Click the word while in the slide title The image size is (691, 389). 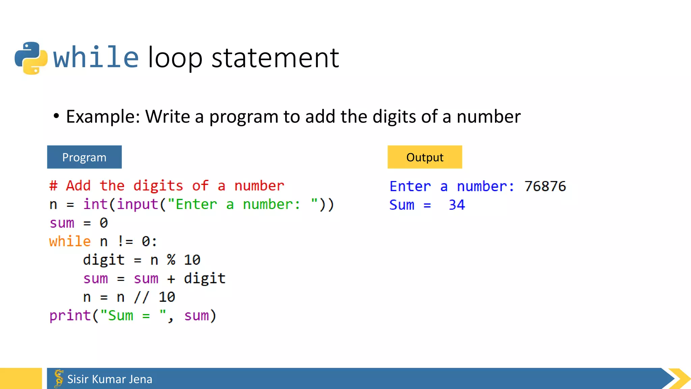pyautogui.click(x=96, y=57)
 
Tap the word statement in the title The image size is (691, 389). pyautogui.click(x=275, y=58)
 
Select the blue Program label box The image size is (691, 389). pyautogui.click(x=84, y=157)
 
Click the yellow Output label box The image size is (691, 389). pyautogui.click(x=424, y=157)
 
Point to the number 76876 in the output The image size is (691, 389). pyautogui.click(x=545, y=186)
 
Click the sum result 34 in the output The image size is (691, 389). pyautogui.click(x=457, y=205)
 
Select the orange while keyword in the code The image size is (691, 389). pyautogui.click(x=70, y=241)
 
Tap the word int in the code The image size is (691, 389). pyautogui.click(x=95, y=204)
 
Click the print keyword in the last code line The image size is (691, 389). pyautogui.click(x=70, y=316)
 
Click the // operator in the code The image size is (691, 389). pyautogui.click(x=141, y=297)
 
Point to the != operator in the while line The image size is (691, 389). pyautogui.click(x=125, y=241)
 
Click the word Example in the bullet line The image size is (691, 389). pyautogui.click(x=103, y=116)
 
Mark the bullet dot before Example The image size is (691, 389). pyautogui.click(x=56, y=116)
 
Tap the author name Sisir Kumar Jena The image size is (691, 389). pyautogui.click(x=110, y=379)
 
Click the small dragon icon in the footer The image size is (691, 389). pyautogui.click(x=59, y=378)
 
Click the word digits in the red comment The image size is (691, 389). pyautogui.click(x=158, y=186)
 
